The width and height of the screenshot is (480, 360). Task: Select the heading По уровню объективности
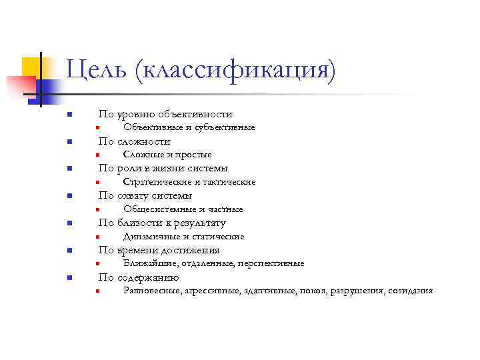165,114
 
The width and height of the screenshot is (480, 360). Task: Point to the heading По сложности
135,141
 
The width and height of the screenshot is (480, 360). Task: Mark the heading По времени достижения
159,250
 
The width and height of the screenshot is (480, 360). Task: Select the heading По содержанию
139,277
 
